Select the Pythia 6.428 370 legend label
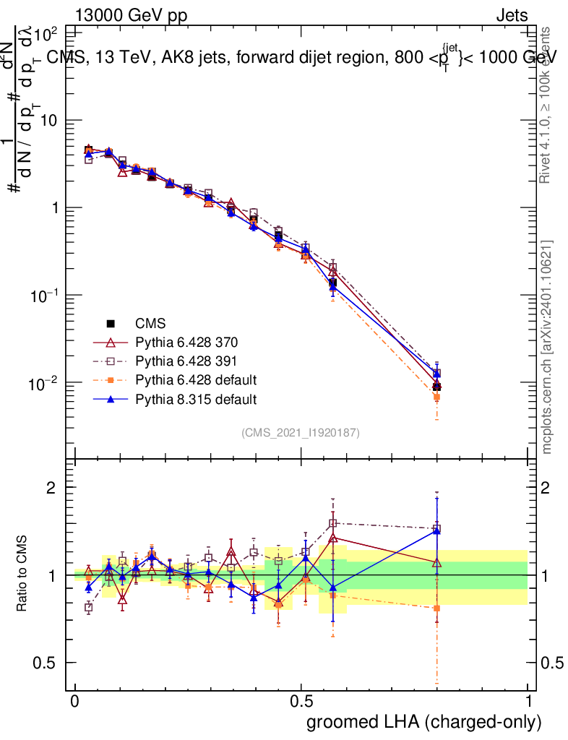pos(186,342)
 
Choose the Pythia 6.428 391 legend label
pos(186,361)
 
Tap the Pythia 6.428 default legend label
pos(195,379)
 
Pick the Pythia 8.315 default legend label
pos(195,398)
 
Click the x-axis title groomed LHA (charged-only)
pos(424,721)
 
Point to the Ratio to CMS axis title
pos(22,575)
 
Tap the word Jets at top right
pos(512,15)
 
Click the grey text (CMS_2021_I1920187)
pos(301,433)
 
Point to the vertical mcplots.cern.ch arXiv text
pos(548,347)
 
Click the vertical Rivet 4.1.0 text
pos(546,105)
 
